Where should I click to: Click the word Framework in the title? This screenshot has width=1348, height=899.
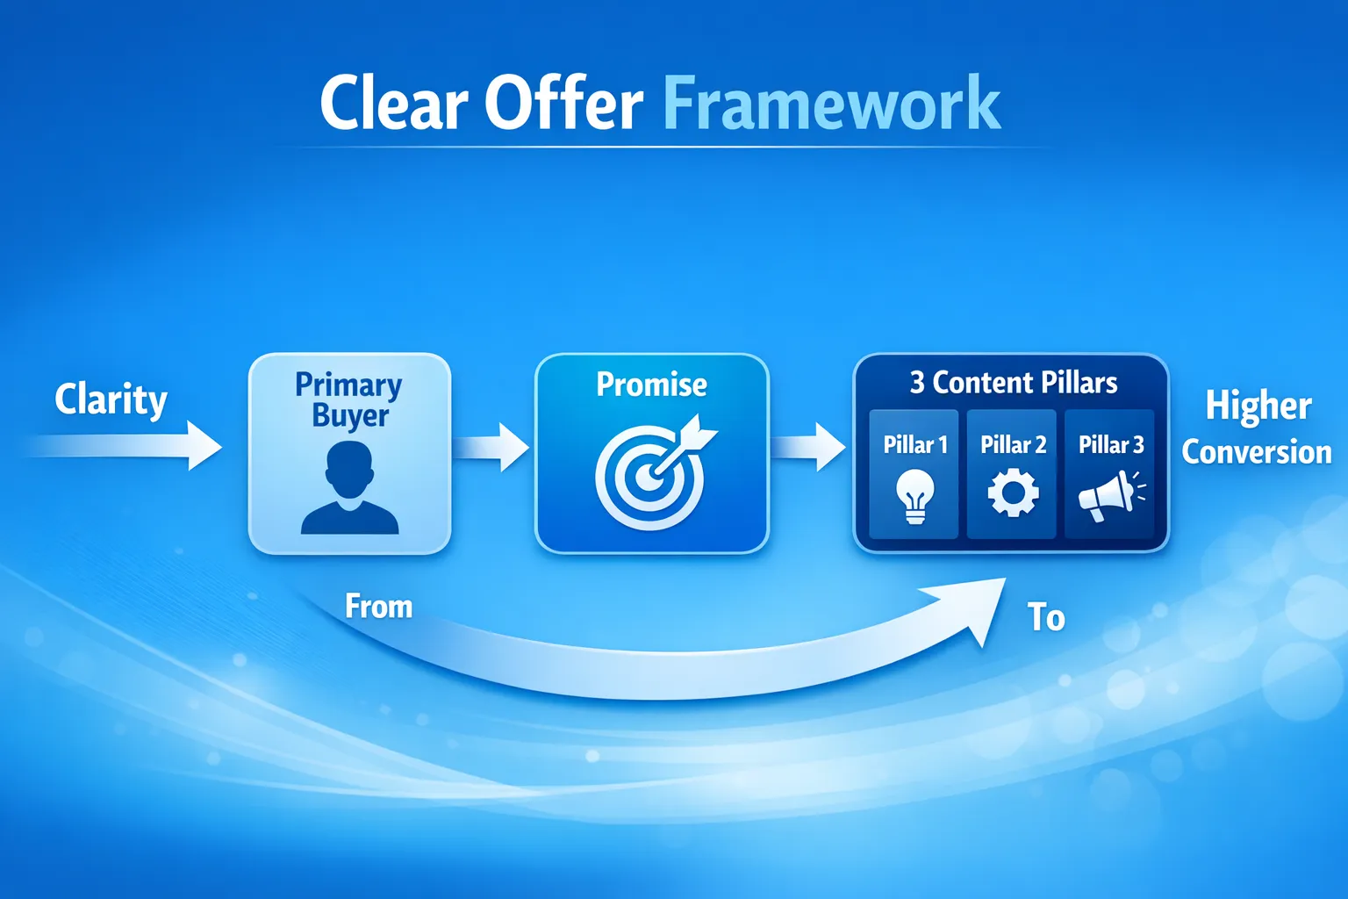point(832,102)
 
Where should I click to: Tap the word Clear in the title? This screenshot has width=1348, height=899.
point(393,102)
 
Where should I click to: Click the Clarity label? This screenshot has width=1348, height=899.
point(111,400)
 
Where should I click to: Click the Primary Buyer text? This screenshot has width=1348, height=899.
point(349,400)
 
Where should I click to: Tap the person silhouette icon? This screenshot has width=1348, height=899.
point(349,488)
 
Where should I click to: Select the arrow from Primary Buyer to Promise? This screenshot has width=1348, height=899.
point(491,447)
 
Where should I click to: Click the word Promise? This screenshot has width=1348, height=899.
point(652,385)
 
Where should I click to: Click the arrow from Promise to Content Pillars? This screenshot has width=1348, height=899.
point(808,447)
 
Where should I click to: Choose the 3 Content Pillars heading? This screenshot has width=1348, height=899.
point(1014,383)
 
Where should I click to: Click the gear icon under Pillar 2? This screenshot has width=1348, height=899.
point(1014,493)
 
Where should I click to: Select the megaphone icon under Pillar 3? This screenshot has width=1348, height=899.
point(1111,496)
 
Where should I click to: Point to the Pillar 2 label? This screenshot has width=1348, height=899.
point(1014,445)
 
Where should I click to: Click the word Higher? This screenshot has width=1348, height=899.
point(1258,406)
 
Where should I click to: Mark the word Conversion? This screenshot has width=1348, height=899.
point(1257,452)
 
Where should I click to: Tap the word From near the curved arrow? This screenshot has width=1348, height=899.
point(378,607)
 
